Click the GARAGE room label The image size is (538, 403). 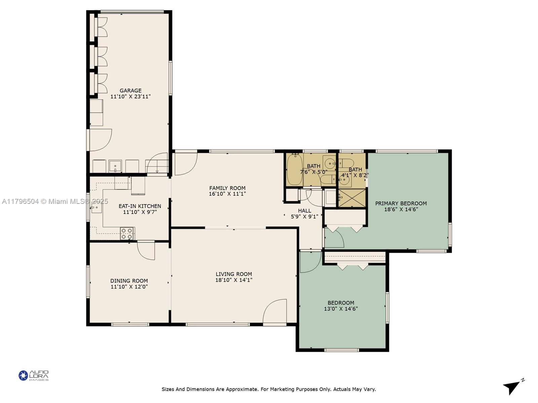(x=130, y=91)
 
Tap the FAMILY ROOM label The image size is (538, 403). (x=227, y=188)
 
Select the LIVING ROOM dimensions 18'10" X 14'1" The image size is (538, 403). (x=234, y=280)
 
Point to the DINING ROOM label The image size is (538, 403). (x=129, y=281)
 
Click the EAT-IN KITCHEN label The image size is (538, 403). (x=140, y=206)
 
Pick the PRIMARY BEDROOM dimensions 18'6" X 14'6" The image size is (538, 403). (x=401, y=209)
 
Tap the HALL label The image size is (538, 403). (x=305, y=211)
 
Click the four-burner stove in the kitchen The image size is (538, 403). (x=127, y=233)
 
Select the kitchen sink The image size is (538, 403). (x=96, y=208)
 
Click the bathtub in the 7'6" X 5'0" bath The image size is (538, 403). (x=295, y=169)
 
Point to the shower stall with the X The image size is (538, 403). (x=352, y=198)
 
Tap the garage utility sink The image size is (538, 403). (x=115, y=166)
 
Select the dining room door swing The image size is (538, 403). (x=146, y=251)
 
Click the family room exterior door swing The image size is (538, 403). (x=186, y=164)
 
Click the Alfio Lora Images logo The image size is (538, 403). (x=34, y=375)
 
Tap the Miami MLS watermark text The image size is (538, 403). (x=55, y=201)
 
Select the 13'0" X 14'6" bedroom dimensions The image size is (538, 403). (x=341, y=309)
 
